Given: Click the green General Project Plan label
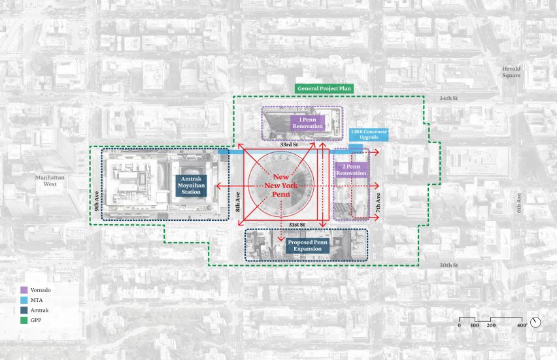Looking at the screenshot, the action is point(324,89).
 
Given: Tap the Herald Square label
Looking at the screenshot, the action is point(511,72).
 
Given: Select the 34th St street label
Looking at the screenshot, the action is point(448,98).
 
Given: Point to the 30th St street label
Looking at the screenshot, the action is point(448,265).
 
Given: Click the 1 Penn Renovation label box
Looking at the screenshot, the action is point(308,123).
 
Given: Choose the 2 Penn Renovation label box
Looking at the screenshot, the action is point(351,170).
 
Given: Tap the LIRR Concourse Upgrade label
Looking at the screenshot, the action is point(369,134).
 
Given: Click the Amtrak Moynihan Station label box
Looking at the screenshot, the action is point(191,186).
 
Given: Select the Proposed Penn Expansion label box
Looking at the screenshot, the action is point(308,246).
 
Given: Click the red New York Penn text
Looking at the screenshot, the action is point(281,186).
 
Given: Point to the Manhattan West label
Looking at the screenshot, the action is point(50,181).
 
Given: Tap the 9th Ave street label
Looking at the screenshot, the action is point(97,201).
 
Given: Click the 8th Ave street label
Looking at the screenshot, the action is point(238,202).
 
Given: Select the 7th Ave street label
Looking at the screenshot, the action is point(378,203).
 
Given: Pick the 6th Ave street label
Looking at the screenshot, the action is point(519,203).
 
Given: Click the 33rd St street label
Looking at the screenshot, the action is point(289,145).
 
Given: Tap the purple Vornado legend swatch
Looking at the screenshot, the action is point(24,290).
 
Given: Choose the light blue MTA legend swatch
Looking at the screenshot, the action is point(24,300).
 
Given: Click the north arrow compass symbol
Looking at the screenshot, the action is point(535,322).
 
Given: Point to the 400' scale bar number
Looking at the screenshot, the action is point(522,325).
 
